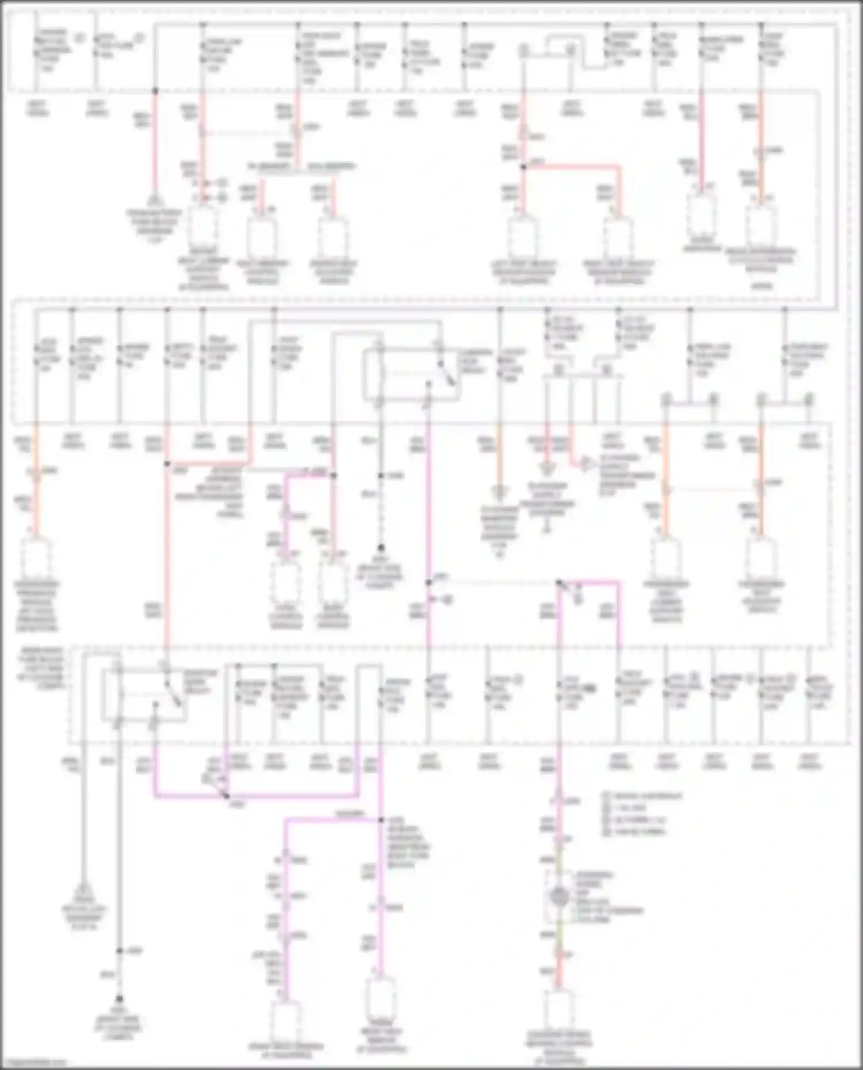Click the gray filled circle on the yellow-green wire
[x=559, y=898]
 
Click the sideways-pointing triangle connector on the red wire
[x=586, y=464]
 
